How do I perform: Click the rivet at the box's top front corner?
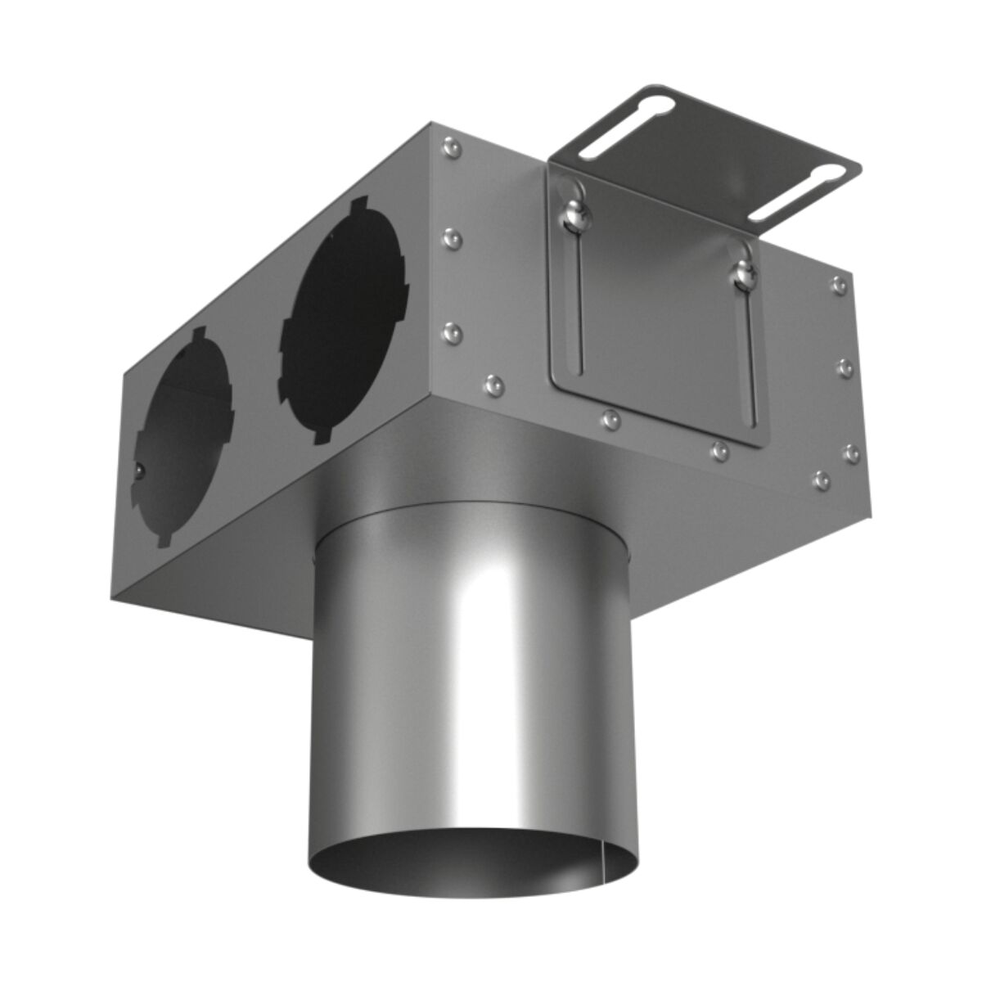click(x=448, y=147)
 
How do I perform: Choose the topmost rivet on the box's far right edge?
click(x=837, y=285)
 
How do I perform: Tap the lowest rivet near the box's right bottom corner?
click(x=822, y=478)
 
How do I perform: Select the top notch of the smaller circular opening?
click(x=197, y=335)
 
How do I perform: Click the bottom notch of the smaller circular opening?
click(x=164, y=540)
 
